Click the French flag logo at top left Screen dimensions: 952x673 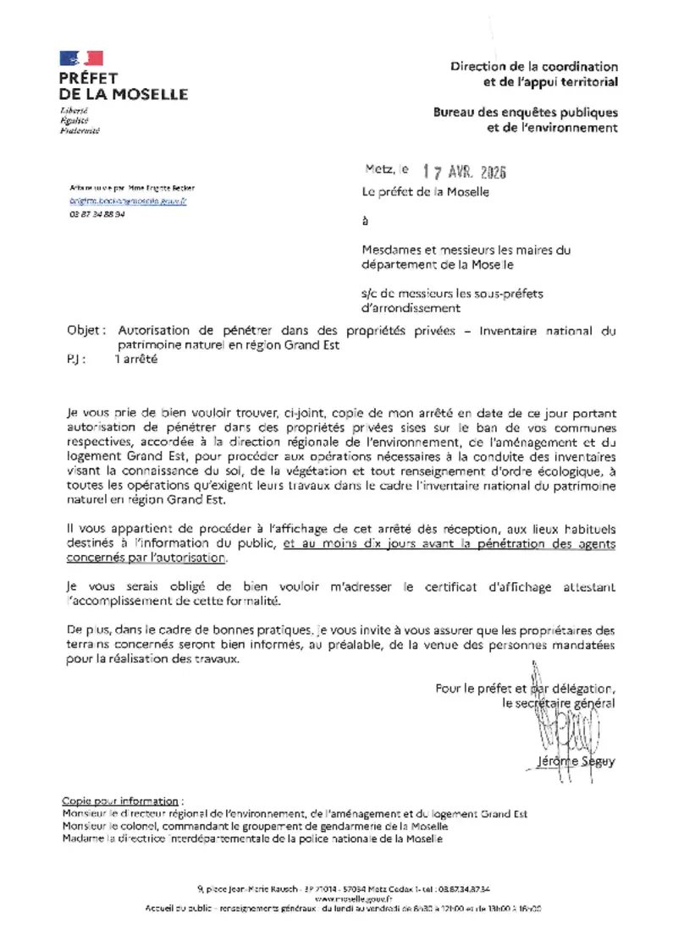[81, 58]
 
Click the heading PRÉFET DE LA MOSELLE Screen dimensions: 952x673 [124, 86]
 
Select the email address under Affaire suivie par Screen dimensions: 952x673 [128, 201]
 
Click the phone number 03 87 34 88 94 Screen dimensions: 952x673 [97, 215]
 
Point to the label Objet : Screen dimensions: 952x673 [87, 332]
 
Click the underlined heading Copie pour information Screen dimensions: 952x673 [121, 801]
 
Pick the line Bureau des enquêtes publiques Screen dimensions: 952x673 [526, 113]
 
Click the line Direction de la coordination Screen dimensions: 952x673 [534, 66]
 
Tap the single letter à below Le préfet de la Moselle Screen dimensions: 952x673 [365, 223]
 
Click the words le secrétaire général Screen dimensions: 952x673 [559, 702]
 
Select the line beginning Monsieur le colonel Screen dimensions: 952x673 [256, 826]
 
